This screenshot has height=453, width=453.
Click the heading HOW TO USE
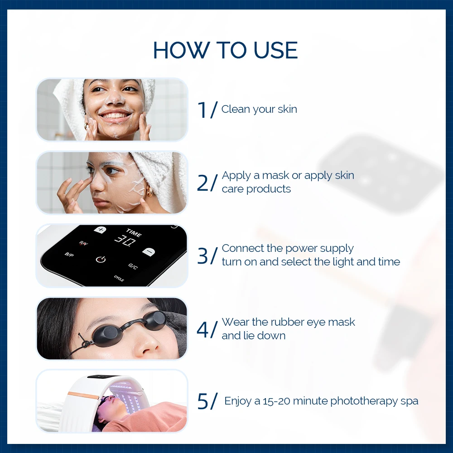(x=225, y=50)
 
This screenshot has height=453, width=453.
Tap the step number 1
(x=202, y=110)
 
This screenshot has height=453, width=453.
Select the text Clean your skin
(x=259, y=109)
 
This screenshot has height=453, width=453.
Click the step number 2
(x=202, y=183)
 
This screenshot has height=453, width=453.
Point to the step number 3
(x=202, y=256)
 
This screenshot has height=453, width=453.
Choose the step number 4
(x=202, y=330)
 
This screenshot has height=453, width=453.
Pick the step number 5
(x=202, y=401)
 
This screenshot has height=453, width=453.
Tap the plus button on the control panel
(x=100, y=230)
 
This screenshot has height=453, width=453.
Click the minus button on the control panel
(x=149, y=251)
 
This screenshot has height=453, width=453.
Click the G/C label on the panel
(x=133, y=266)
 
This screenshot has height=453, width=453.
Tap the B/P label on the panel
(x=69, y=255)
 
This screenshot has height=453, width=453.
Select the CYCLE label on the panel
(x=119, y=279)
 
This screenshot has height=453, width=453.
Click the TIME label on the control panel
(x=134, y=233)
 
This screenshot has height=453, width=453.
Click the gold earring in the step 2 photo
(x=149, y=191)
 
